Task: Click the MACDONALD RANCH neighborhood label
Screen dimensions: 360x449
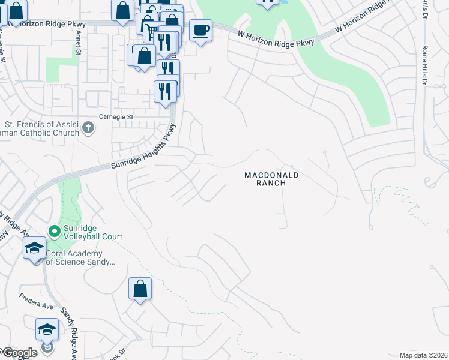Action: coord(271,179)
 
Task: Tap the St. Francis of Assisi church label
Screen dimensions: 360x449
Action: coord(40,128)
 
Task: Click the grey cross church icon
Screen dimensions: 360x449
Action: coord(88,127)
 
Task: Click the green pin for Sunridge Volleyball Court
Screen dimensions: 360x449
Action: coord(54,230)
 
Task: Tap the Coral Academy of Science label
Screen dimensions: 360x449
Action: coord(79,257)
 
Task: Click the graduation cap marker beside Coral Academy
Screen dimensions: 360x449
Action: coord(34,247)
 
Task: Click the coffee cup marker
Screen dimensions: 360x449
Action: coord(200,29)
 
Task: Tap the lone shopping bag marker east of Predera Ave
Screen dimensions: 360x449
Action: coord(140,289)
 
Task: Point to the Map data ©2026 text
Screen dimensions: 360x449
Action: coord(423,355)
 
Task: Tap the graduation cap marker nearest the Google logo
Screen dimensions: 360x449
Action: coord(47,330)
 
